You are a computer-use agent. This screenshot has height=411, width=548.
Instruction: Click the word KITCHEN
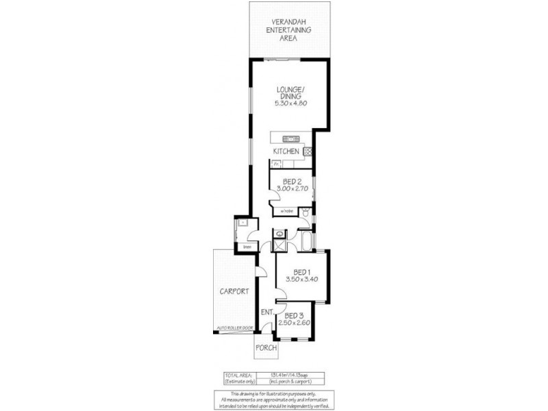click(x=286, y=150)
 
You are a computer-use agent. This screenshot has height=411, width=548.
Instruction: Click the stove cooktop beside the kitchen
click(x=308, y=151)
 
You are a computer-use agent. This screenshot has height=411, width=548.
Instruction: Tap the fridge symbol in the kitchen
click(x=275, y=165)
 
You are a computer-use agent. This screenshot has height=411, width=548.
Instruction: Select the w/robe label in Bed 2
click(x=286, y=211)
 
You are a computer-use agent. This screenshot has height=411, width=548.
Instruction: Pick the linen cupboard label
click(x=247, y=247)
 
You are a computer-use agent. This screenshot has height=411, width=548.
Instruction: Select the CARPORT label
click(x=233, y=291)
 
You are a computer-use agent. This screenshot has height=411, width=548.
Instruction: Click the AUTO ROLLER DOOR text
click(x=234, y=328)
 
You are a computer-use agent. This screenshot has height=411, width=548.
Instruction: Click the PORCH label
click(x=265, y=348)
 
